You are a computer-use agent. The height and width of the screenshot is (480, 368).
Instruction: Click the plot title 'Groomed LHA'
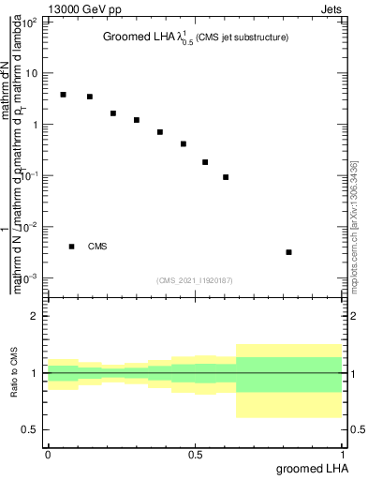pos(139,37)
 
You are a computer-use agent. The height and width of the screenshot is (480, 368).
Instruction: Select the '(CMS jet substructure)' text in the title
pos(242,37)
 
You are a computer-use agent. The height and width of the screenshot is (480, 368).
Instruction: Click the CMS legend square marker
pos(71,247)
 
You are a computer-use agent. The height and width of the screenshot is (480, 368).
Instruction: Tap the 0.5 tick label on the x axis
pos(195,453)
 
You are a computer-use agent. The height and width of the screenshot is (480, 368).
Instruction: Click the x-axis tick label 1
pos(343,453)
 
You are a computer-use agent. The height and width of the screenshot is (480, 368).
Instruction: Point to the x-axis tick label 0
pos(48,453)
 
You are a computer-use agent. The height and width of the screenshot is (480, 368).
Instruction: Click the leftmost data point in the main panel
pos(63,95)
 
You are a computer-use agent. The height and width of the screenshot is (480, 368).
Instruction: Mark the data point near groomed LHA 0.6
pos(226,177)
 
